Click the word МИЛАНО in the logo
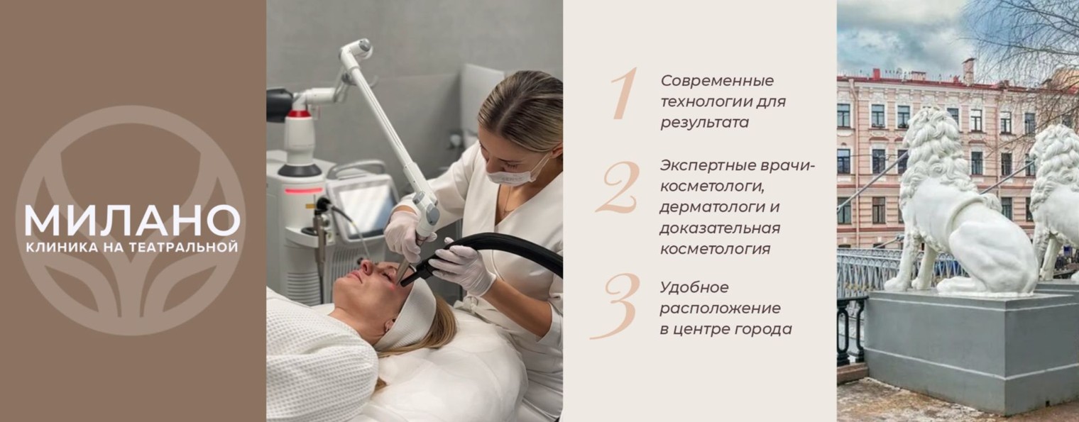tap(133, 221)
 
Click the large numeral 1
tap(624, 94)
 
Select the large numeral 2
tap(618, 187)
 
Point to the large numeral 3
tap(616, 306)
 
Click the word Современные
tap(717, 81)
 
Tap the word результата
tap(704, 123)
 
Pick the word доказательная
tap(720, 228)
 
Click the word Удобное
tap(694, 288)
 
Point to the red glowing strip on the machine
tap(303, 191)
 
